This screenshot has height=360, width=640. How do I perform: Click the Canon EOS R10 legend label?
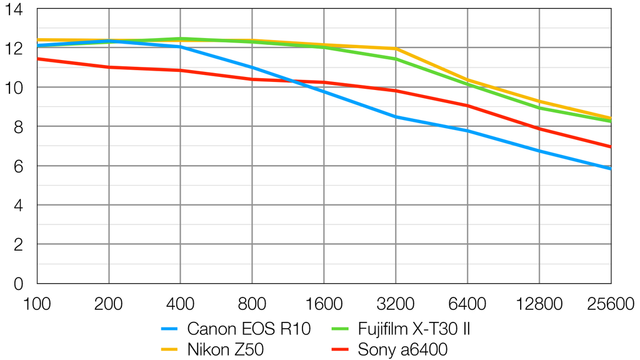(248, 329)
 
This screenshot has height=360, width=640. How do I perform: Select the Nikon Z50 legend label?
(225, 349)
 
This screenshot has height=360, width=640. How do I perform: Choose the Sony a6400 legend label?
(402, 349)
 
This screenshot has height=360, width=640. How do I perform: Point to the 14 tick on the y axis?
(14, 10)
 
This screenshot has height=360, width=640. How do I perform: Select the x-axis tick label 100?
(37, 304)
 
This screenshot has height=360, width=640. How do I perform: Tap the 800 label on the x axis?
(252, 304)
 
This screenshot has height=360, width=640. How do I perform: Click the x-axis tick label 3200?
(396, 304)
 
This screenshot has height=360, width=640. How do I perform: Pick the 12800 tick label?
(539, 304)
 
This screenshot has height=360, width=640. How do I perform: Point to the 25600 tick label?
(611, 304)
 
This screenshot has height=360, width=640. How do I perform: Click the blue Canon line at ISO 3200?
(396, 117)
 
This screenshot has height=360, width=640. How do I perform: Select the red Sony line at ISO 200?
(109, 67)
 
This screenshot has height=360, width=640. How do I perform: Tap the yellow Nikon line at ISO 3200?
(396, 48)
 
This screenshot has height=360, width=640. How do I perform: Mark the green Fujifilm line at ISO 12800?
(539, 107)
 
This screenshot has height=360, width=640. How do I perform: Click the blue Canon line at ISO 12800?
(539, 151)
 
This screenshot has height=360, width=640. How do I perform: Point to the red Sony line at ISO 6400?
(467, 106)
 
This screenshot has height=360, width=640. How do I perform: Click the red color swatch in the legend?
(340, 349)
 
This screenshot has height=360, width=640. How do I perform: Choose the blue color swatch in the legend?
(170, 329)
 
